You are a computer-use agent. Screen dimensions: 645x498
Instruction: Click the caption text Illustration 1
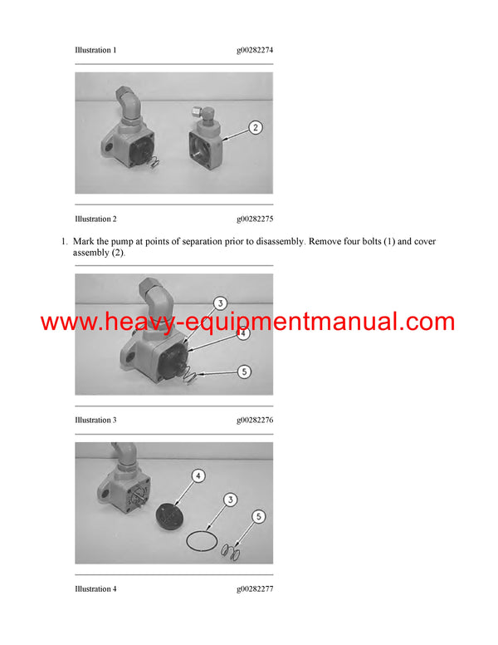tap(95, 51)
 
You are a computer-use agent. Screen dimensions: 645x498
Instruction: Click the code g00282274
tap(255, 51)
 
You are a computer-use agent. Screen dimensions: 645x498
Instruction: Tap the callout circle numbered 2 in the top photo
tap(255, 128)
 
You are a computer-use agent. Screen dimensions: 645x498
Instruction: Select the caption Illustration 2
tap(95, 219)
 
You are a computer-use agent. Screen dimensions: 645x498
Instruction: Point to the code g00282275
tap(255, 219)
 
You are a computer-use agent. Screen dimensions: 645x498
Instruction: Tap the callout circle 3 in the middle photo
tap(221, 303)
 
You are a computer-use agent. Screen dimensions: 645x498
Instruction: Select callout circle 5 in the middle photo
tap(244, 372)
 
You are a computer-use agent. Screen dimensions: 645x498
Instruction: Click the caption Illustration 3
tap(95, 421)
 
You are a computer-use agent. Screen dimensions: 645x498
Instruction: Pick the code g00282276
tap(255, 421)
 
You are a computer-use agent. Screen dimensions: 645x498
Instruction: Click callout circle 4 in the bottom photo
tap(198, 476)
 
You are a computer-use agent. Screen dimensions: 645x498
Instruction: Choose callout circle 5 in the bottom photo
tap(260, 517)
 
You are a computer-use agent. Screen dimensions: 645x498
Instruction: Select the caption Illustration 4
tap(95, 589)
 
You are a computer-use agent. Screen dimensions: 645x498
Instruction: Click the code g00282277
tap(255, 589)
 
